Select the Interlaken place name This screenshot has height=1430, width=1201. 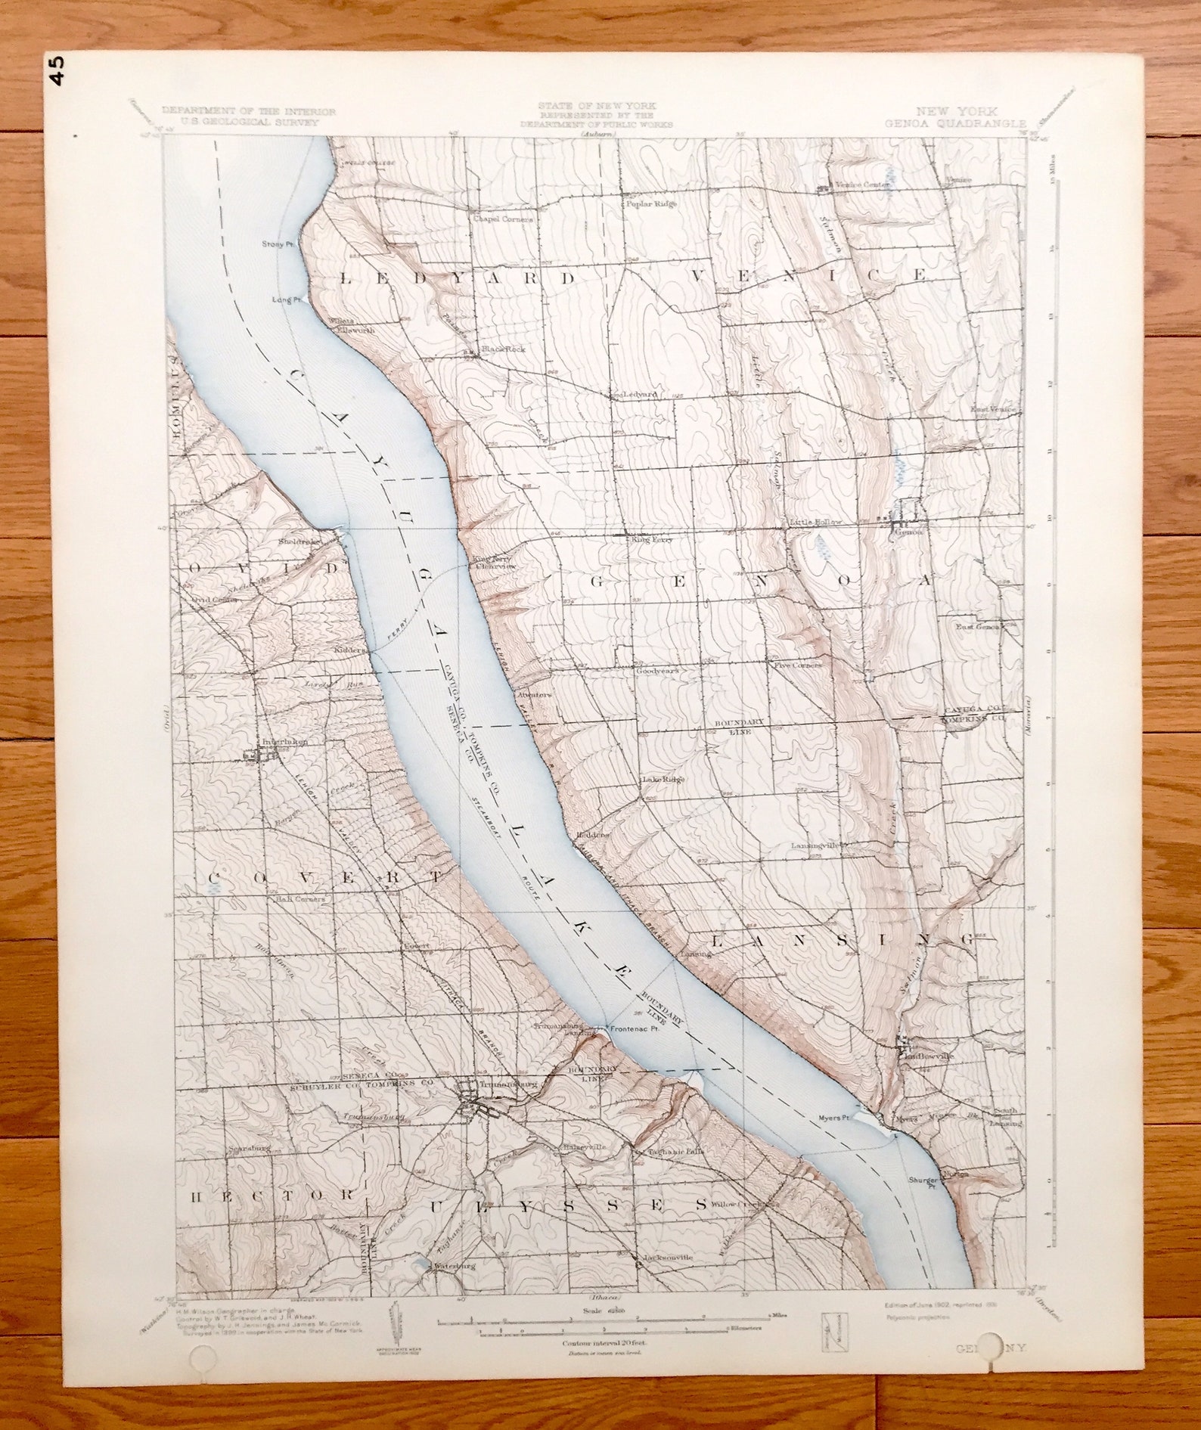point(284,743)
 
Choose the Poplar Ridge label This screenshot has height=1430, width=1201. point(650,203)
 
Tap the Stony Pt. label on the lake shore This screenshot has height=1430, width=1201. point(277,244)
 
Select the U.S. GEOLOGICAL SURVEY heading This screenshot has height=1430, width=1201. point(249,121)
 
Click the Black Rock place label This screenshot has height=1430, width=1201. point(505,349)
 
